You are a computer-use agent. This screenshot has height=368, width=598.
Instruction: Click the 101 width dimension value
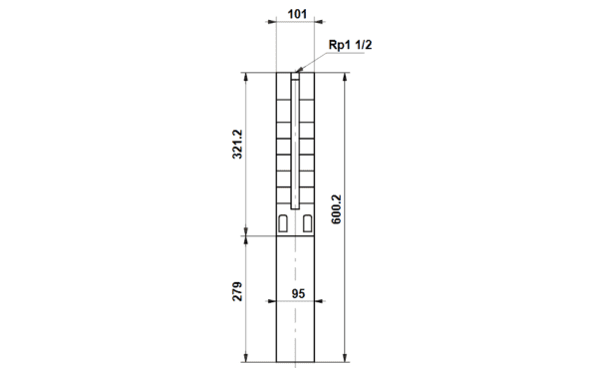pyautogui.click(x=297, y=14)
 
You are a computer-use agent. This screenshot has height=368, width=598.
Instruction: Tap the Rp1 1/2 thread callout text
pyautogui.click(x=350, y=45)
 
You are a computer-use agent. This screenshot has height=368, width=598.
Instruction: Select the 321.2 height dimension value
pyautogui.click(x=237, y=145)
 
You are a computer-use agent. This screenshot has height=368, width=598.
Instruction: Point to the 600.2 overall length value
pyautogui.click(x=336, y=209)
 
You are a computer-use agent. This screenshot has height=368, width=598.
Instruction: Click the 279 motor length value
pyautogui.click(x=237, y=291)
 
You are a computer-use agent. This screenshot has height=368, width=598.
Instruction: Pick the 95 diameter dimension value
pyautogui.click(x=298, y=293)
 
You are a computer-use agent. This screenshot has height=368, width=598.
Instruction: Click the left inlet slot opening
pyautogui.click(x=283, y=223)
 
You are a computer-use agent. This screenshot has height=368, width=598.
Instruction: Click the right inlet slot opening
pyautogui.click(x=307, y=223)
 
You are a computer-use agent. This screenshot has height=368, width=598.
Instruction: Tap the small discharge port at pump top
pyautogui.click(x=295, y=76)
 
